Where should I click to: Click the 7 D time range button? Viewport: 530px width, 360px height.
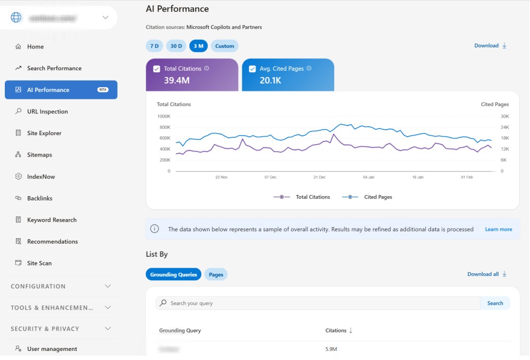pos(154,46)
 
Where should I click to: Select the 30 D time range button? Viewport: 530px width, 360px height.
pos(176,46)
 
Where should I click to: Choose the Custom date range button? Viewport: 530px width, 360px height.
pos(225,46)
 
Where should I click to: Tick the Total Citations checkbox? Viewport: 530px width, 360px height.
pos(156,69)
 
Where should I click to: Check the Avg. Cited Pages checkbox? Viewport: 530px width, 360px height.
pos(252,69)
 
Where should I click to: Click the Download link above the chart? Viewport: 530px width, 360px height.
pos(490,46)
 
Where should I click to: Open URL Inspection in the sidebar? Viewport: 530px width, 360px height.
pos(47,112)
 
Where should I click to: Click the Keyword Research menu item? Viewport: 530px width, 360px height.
pos(52,220)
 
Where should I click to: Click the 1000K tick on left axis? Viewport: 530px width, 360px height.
pos(163,116)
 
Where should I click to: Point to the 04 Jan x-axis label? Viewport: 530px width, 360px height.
pos(368,177)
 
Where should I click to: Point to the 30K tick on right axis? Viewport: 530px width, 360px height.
pos(504,116)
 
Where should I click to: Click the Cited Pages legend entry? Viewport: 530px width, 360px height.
pos(367,197)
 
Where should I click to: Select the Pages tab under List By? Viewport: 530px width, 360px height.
pos(216,274)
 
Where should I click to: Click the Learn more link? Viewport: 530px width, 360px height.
pos(498,229)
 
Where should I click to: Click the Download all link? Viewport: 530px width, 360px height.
pos(486,274)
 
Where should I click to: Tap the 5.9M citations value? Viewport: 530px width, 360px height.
pos(331,349)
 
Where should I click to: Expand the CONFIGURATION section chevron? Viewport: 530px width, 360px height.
pos(108,286)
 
